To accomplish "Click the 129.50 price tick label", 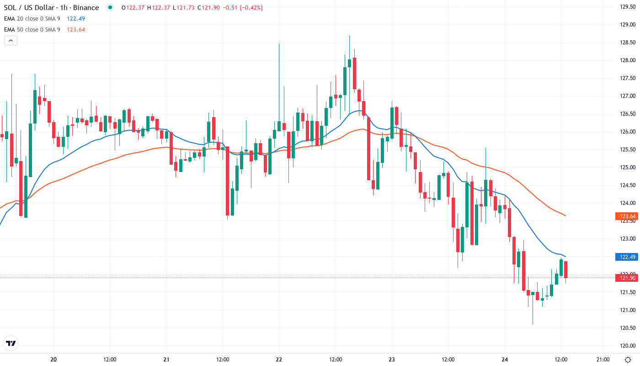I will [x=627, y=7].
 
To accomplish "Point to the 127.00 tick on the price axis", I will [x=627, y=96].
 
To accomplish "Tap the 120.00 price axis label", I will [x=627, y=346].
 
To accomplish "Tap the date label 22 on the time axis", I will [x=279, y=359].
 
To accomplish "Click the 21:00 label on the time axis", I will [x=603, y=359].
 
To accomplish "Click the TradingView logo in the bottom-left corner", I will [x=11, y=343].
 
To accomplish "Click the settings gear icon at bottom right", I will [x=629, y=359].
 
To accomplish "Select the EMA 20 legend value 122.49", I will [x=75, y=19].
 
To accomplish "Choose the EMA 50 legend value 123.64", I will [x=75, y=30].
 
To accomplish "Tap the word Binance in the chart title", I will [x=85, y=8].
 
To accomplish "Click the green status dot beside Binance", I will [x=110, y=8].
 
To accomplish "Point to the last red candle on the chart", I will [x=566, y=269].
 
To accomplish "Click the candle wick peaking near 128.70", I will [x=349, y=50].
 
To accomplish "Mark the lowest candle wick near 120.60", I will [x=533, y=316].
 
